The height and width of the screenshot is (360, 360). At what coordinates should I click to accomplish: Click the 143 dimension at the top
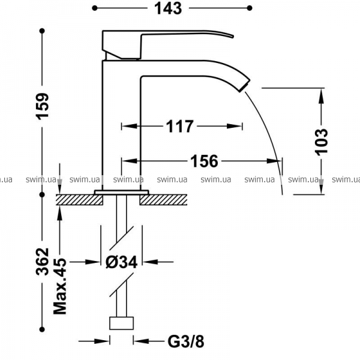pyautogui.click(x=168, y=8)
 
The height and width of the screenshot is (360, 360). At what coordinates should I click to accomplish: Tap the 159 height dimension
pyautogui.click(x=43, y=106)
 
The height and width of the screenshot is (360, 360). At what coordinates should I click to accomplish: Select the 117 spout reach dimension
pyautogui.click(x=180, y=126)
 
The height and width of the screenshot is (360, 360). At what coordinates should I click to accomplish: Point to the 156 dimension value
pyautogui.click(x=204, y=161)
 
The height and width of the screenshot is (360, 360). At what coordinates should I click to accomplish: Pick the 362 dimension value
pyautogui.click(x=43, y=262)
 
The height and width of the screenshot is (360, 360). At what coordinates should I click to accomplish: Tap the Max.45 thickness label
pyautogui.click(x=60, y=286)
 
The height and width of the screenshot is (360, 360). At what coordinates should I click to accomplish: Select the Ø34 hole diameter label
pyautogui.click(x=121, y=262)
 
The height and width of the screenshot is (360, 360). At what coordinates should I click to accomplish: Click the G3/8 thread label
pyautogui.click(x=186, y=341)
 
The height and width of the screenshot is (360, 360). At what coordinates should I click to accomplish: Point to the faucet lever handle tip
pyautogui.click(x=233, y=36)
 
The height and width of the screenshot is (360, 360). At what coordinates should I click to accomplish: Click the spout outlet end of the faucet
pyautogui.click(x=245, y=85)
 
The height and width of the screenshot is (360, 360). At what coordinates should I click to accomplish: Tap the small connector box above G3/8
pyautogui.click(x=121, y=323)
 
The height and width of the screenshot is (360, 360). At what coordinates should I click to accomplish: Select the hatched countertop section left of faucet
pyautogui.click(x=79, y=200)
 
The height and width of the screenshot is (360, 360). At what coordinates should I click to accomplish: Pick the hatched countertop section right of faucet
pyautogui.click(x=163, y=200)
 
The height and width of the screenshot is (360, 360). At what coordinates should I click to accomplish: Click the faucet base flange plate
pyautogui.click(x=121, y=193)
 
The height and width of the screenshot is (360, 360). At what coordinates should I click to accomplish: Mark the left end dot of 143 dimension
pyautogui.click(x=95, y=8)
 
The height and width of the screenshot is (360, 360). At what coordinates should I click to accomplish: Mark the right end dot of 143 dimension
pyautogui.click(x=250, y=8)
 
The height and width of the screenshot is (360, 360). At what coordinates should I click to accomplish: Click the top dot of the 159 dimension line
pyautogui.click(x=42, y=31)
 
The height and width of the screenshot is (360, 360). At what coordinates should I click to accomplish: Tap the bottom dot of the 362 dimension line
pyautogui.click(x=42, y=329)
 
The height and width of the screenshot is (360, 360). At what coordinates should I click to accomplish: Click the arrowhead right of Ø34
pyautogui.click(x=150, y=262)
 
